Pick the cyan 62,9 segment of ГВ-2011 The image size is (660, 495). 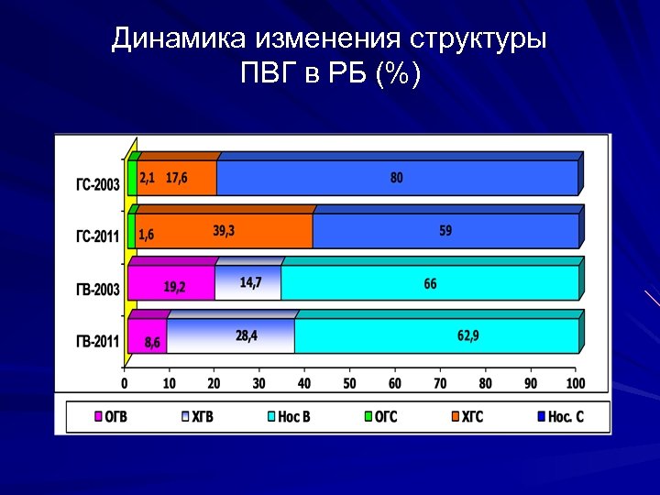coord(436,336)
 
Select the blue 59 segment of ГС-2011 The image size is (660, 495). coord(445,231)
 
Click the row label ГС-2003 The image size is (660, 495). coord(97,184)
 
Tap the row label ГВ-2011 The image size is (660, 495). coord(97,342)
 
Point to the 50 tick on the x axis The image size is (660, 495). coord(350,382)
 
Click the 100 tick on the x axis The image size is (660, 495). coord(576,382)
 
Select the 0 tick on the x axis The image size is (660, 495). coord(125,382)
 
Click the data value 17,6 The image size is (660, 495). coord(177,178)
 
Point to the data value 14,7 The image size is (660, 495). coord(250,282)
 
